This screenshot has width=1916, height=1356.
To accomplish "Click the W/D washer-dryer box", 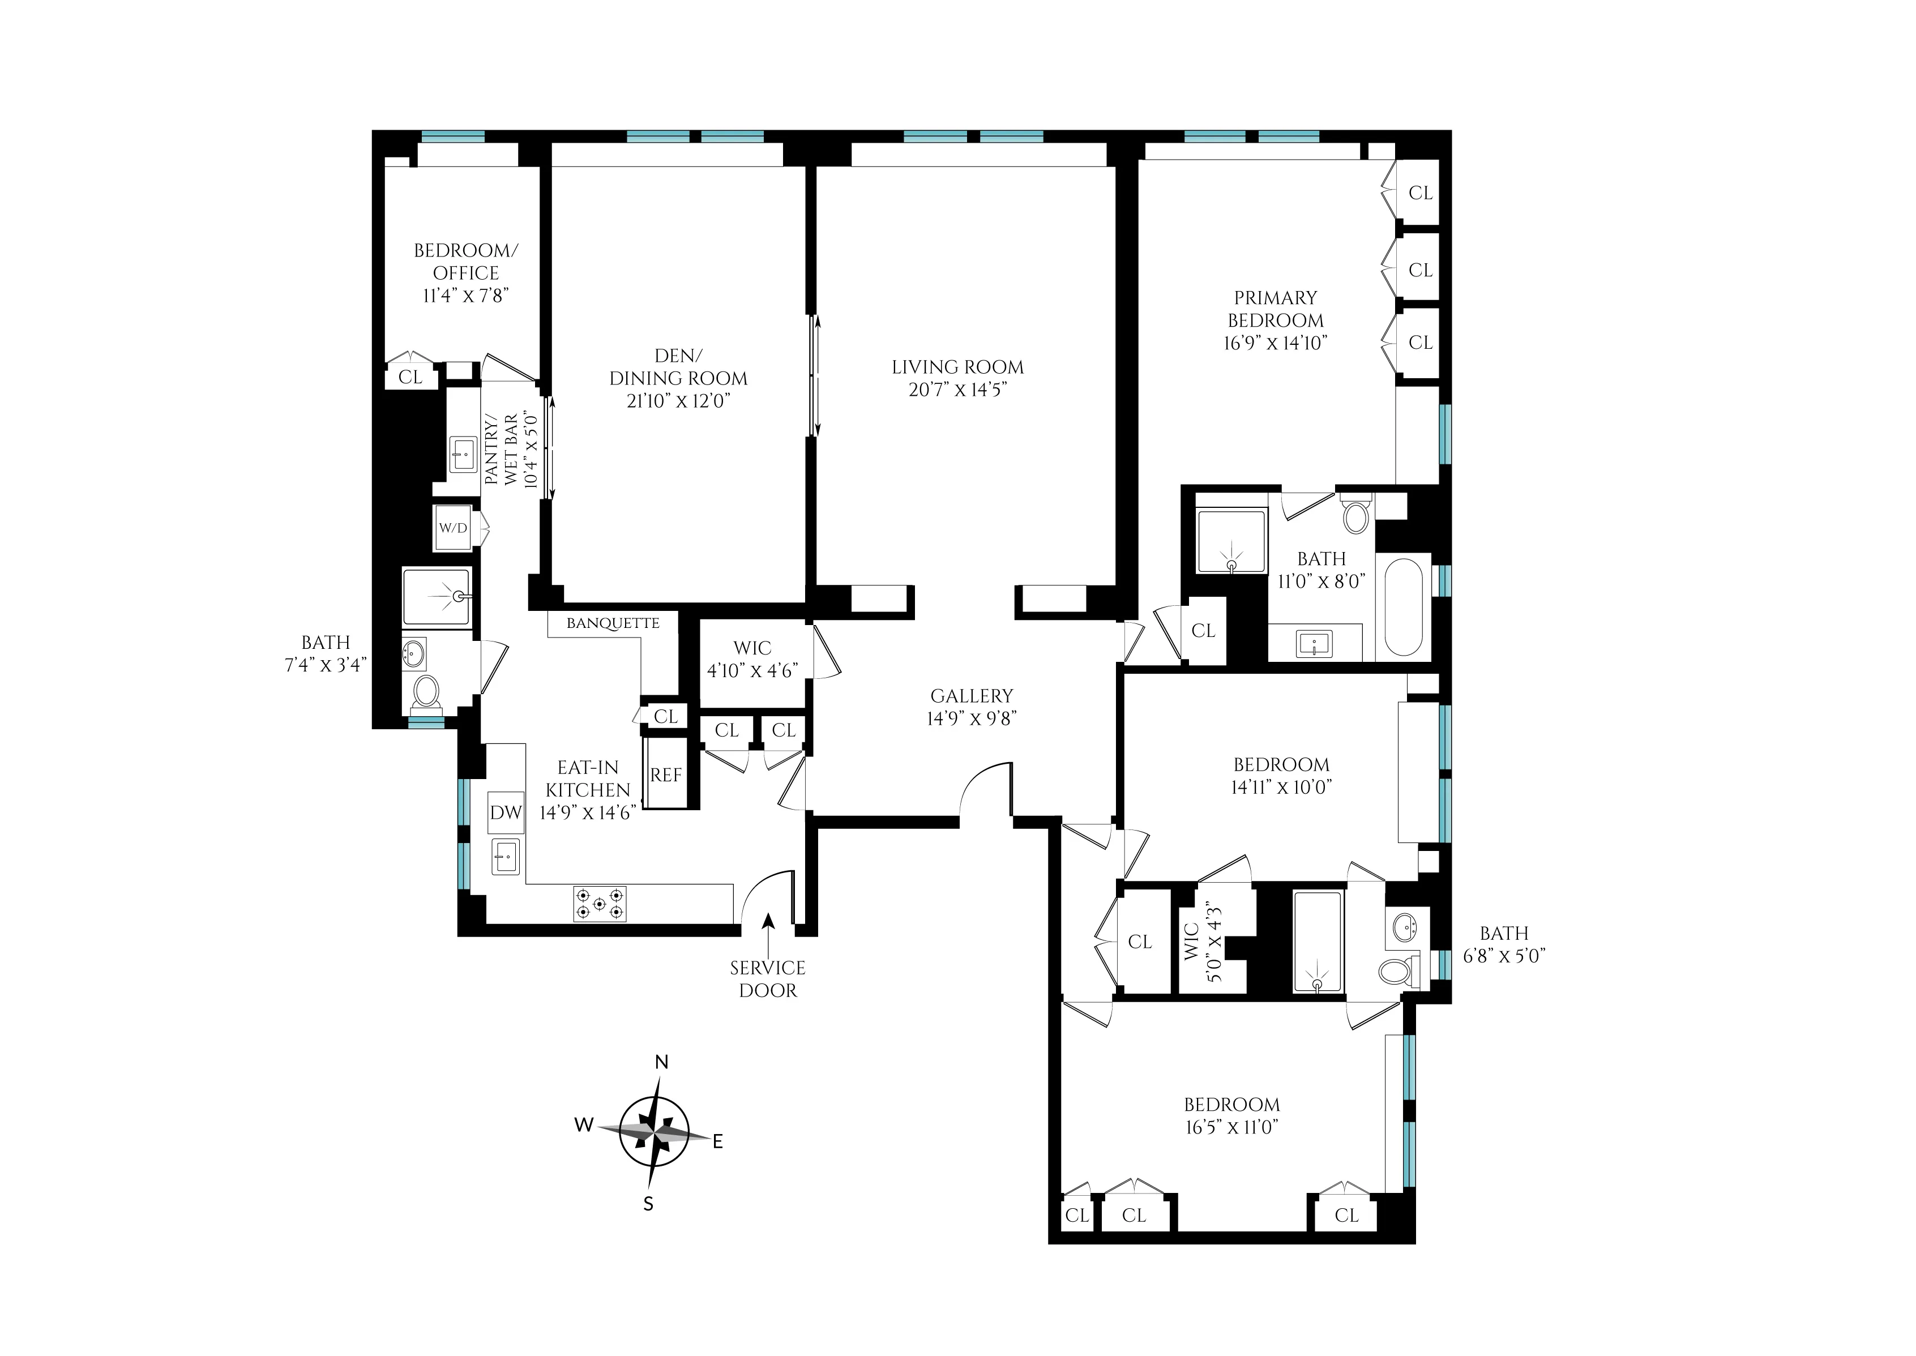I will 454,528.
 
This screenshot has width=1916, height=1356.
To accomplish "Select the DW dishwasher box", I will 505,811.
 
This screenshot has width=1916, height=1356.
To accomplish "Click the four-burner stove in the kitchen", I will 600,904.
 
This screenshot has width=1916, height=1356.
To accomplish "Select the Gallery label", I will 972,695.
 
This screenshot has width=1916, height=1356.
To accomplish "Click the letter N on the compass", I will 661,1062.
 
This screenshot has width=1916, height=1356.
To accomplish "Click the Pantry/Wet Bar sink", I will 463,455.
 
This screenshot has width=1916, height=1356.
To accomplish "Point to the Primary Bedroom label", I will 1275,309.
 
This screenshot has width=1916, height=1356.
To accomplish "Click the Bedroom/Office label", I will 466,262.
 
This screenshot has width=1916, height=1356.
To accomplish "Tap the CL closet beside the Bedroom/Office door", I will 410,377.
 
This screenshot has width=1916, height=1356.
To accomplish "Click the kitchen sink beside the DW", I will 504,857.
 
